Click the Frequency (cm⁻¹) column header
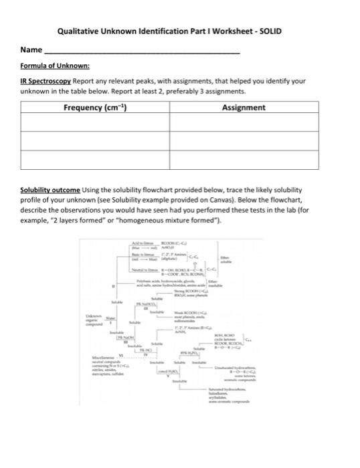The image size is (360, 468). [x=95, y=108]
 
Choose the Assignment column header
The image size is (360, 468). [x=244, y=108]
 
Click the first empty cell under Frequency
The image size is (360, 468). [x=95, y=122]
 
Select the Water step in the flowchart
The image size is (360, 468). [x=110, y=318]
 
